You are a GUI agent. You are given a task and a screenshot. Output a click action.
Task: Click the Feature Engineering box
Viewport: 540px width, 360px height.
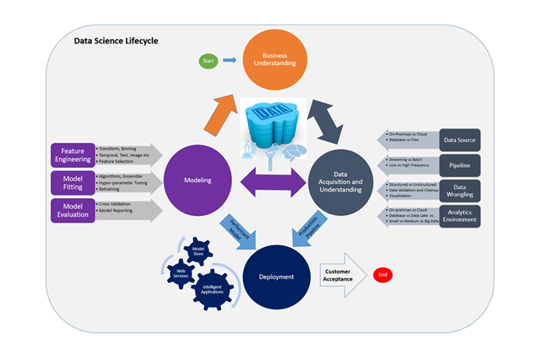pyautogui.click(x=72, y=155)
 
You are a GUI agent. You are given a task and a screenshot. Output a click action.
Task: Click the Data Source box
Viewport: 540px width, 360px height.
pyautogui.click(x=459, y=139)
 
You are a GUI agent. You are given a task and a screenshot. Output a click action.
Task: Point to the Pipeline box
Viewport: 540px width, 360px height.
pyautogui.click(x=459, y=164)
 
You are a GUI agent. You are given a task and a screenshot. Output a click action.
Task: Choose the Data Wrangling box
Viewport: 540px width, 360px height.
pyautogui.click(x=459, y=191)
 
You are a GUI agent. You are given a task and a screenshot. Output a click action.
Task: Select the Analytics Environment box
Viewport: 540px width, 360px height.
pyautogui.click(x=459, y=216)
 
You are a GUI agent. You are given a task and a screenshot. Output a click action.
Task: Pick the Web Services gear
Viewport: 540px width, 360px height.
pyautogui.click(x=182, y=273)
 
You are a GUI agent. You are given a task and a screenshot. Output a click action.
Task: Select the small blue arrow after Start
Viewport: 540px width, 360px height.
pyautogui.click(x=230, y=60)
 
